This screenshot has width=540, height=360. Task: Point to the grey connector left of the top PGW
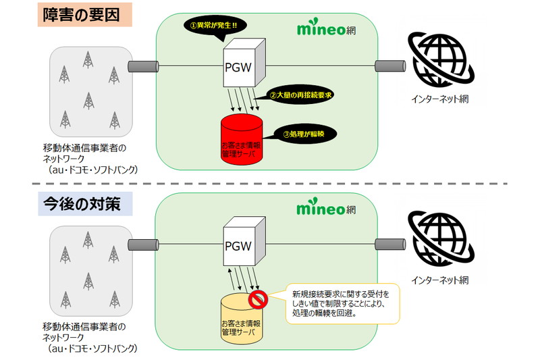pos(144,67)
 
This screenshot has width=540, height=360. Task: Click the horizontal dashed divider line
pos(270,183)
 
